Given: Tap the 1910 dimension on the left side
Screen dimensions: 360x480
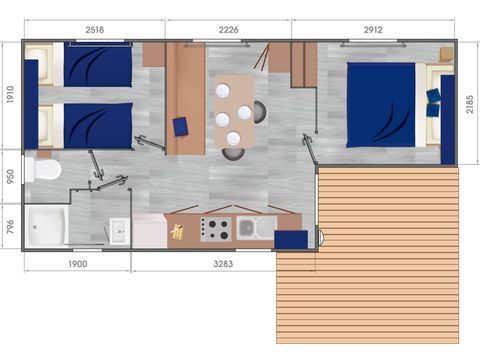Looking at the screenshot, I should tap(9, 95).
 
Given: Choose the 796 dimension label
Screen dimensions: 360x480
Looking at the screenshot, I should tap(9, 226).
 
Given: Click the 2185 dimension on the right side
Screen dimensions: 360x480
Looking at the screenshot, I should tap(470, 104).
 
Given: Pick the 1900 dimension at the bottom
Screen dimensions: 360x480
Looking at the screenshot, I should tap(77, 264).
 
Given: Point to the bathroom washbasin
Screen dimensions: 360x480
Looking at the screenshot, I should tap(117, 232).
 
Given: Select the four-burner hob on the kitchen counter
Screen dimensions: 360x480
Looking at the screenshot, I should tap(216, 229).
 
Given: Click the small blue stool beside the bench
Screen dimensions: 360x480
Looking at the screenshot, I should tap(181, 127).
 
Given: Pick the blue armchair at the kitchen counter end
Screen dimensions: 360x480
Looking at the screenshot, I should tap(291, 239).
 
